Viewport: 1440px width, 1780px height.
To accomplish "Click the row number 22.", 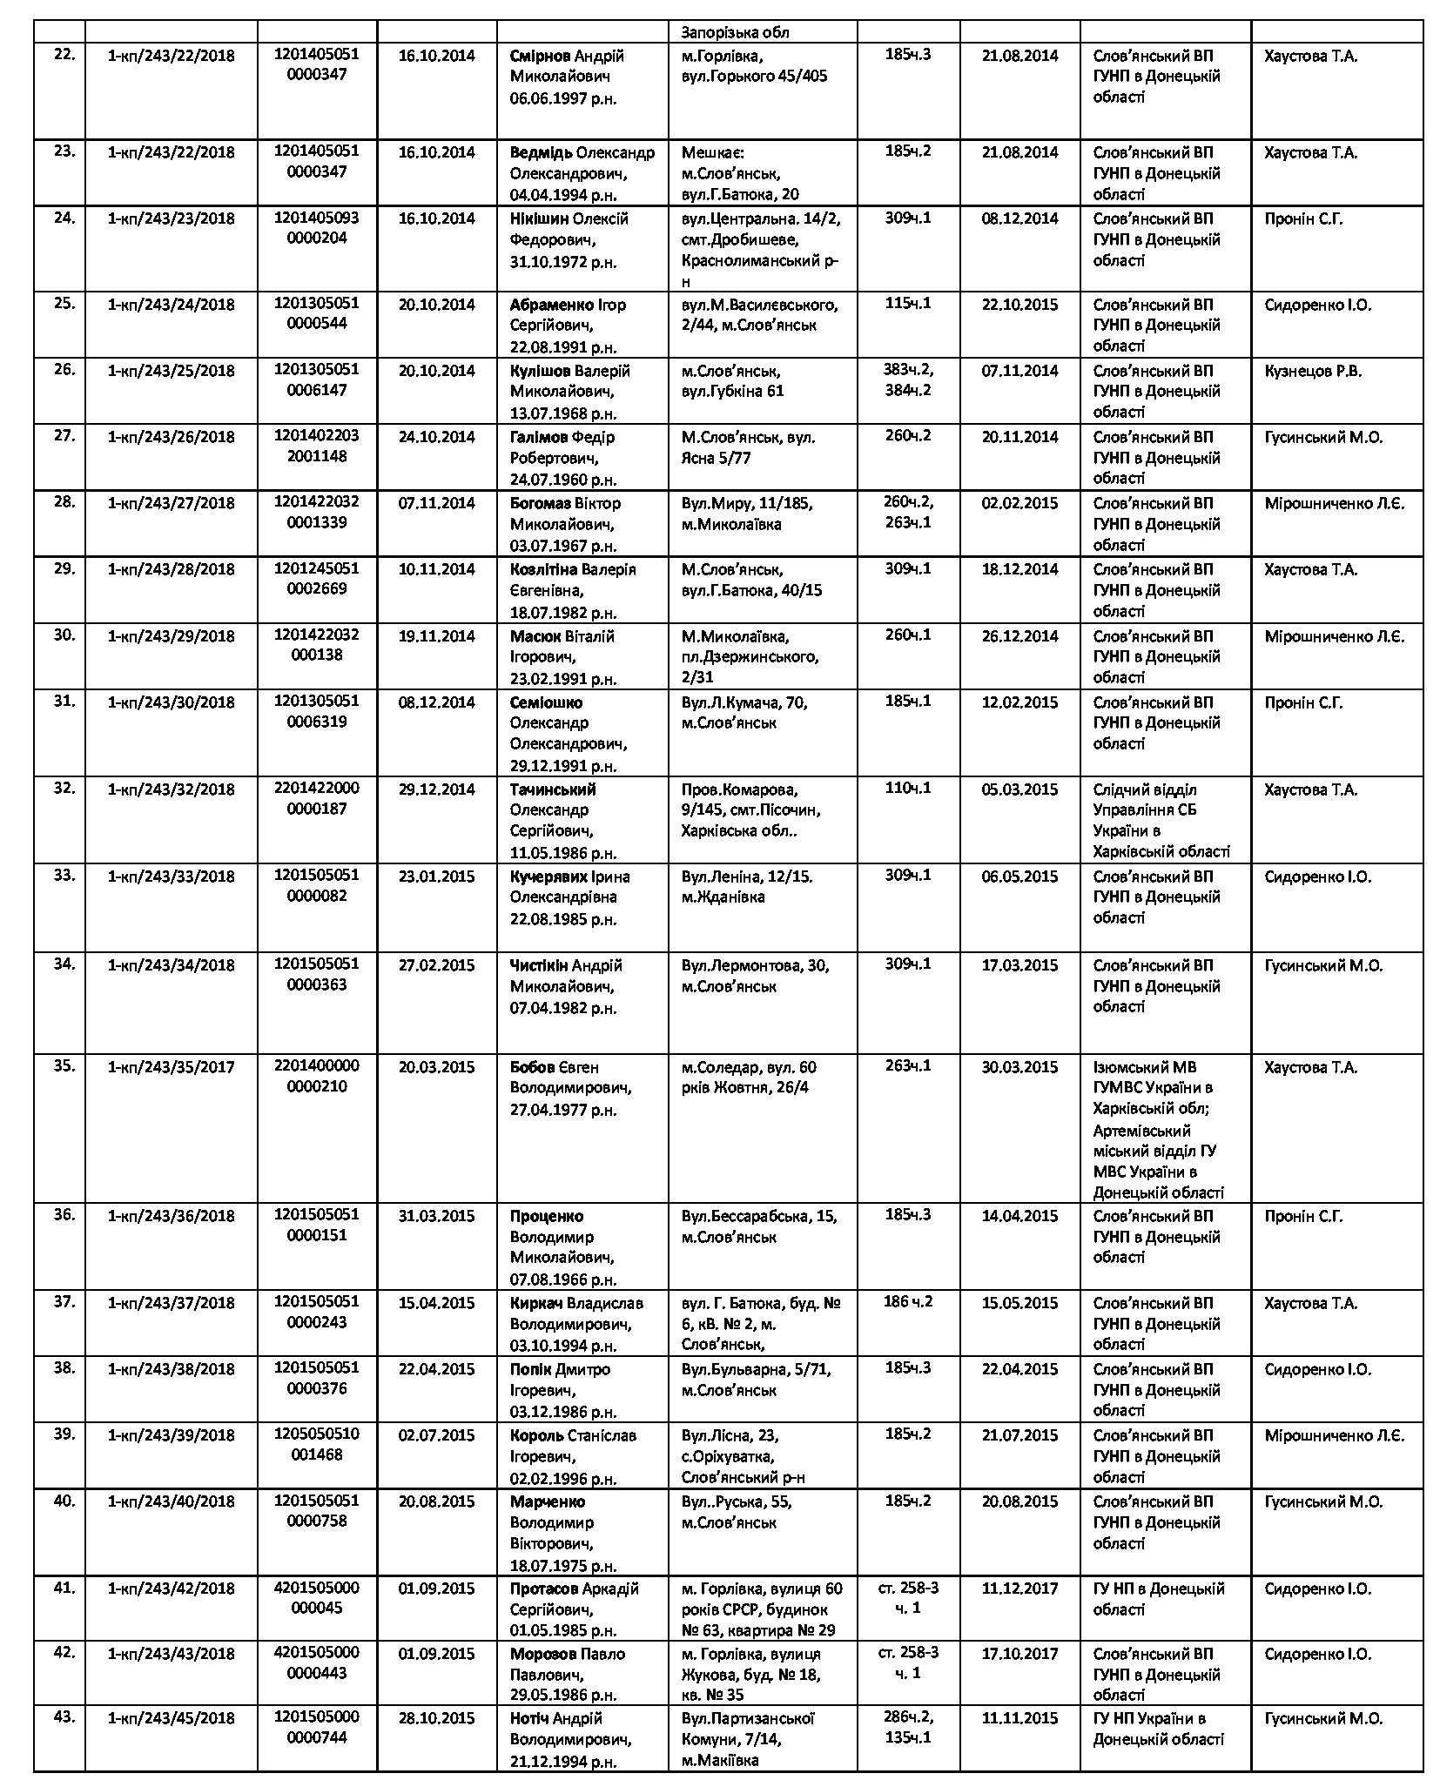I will coord(64,55).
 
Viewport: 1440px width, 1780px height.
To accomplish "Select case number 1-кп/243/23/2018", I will coord(171,218).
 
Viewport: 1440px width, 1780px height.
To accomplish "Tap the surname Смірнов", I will coord(540,56).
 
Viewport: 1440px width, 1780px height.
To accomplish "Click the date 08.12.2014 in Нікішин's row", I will coord(1019,218).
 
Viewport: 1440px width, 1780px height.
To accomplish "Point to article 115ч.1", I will coord(907,304).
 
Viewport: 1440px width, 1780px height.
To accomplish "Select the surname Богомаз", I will coord(541,503).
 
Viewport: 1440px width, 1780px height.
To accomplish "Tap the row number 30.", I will coord(64,635).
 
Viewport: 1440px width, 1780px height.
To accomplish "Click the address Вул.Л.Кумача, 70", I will coord(744,702).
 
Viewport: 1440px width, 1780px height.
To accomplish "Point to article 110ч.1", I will coord(907,789).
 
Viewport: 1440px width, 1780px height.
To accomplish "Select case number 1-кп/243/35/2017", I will coord(171,1066).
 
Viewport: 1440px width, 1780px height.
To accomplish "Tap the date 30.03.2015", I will coord(1019,1066).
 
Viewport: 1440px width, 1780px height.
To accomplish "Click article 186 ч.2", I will coord(907,1302).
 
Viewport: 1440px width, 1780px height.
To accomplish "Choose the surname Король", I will coord(535,1435).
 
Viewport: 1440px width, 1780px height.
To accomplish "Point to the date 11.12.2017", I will coord(1019,1589).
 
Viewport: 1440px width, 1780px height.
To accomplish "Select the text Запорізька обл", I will coord(736,32).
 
